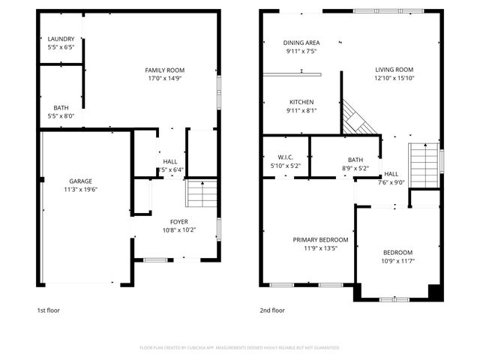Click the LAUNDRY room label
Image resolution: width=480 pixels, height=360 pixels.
61,39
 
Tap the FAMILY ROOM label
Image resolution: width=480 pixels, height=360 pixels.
164,70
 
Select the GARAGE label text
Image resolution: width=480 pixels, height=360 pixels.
80,181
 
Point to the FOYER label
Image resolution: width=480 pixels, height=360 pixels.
178,222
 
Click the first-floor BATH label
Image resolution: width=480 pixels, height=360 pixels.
61,108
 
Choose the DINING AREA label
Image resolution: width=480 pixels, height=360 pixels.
301,43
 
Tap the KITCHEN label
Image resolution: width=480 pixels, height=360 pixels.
301,102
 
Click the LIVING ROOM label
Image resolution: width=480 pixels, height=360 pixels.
394,70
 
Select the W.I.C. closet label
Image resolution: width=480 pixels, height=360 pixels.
284,157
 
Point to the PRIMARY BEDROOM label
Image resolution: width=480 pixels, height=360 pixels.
320,240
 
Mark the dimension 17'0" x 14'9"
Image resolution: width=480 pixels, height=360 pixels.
164,77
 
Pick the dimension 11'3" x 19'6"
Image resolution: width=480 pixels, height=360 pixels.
80,189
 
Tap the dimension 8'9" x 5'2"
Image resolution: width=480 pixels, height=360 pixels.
355,167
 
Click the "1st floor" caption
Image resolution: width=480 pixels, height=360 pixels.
48,310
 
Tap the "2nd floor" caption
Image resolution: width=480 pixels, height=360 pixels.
272,310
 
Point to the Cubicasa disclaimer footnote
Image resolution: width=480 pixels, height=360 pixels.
240,348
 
